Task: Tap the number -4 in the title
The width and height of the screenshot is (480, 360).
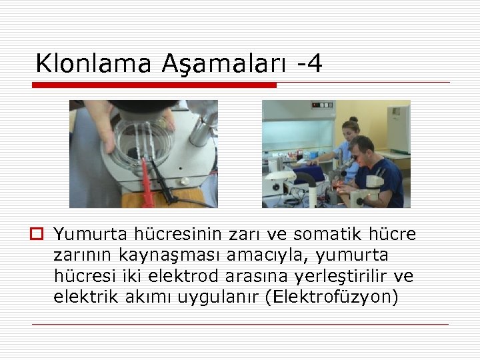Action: point(309,63)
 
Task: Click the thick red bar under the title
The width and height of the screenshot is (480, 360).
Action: point(154,85)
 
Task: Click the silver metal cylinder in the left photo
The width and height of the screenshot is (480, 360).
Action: point(201,130)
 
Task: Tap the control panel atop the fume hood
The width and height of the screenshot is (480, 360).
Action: point(321,105)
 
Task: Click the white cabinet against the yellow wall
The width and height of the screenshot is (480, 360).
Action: point(399,127)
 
